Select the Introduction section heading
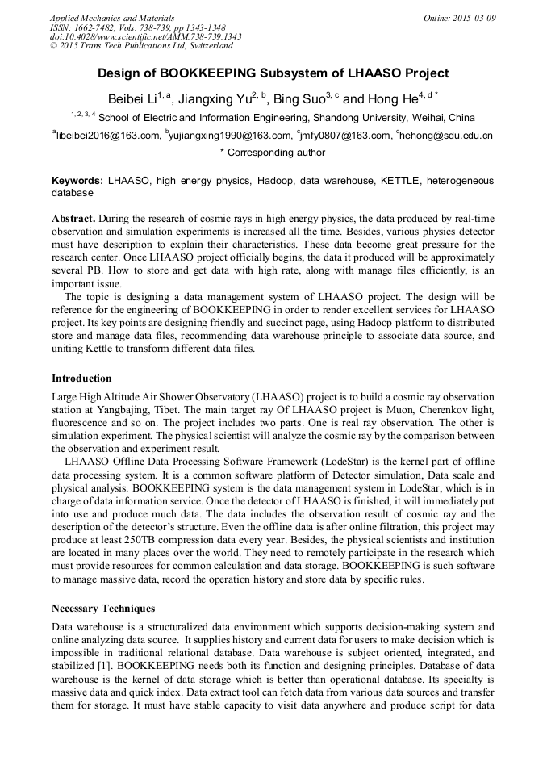(81, 378)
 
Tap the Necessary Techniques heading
(102, 608)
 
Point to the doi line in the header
(145, 37)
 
